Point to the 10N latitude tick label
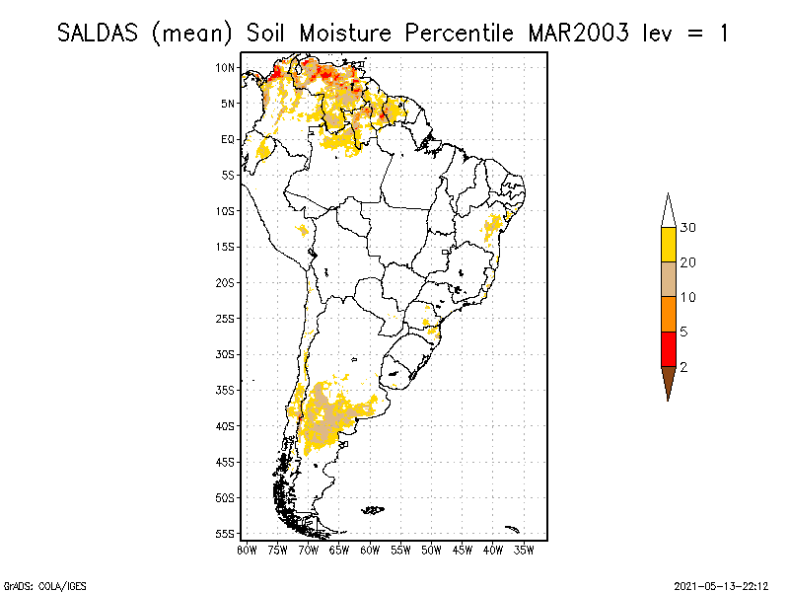[x=226, y=67]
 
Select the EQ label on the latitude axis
[x=228, y=139]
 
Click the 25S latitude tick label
[x=226, y=318]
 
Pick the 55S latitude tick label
[x=226, y=533]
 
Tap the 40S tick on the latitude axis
[x=226, y=425]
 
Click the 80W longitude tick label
[x=247, y=549]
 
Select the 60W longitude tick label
[x=370, y=549]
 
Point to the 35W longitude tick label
[x=524, y=549]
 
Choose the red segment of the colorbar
[x=668, y=348]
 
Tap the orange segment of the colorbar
[x=668, y=314]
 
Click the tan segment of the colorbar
[x=668, y=279]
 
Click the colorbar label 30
[x=688, y=228]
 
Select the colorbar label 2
[x=683, y=366]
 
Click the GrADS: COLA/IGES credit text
[x=36, y=583]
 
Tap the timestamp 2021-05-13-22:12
[x=722, y=583]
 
